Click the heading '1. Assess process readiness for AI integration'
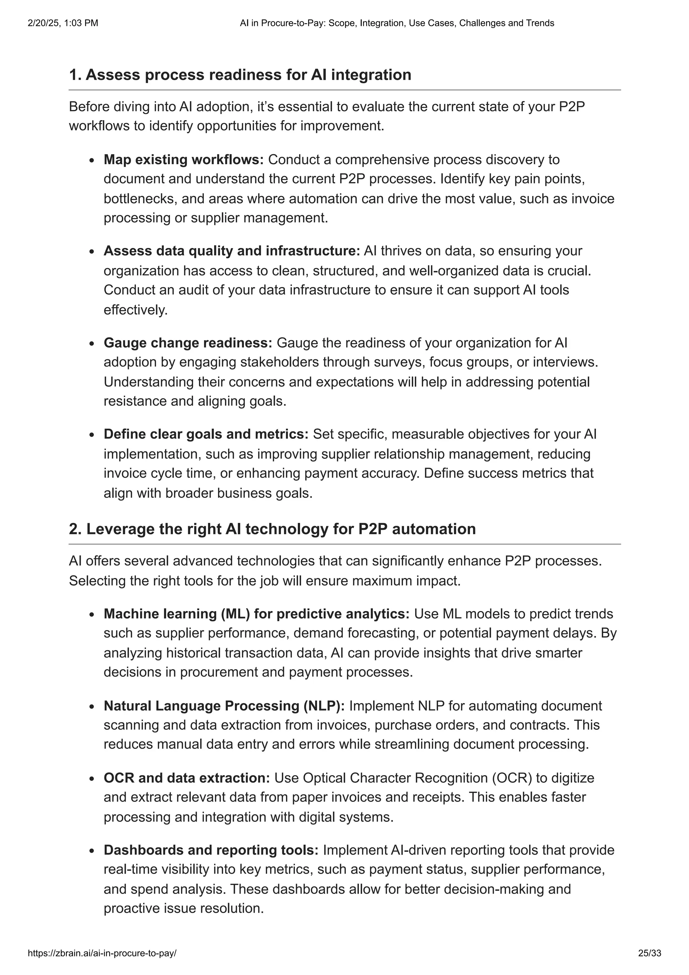click(240, 75)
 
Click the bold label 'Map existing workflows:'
click(183, 160)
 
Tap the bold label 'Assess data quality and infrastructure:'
click(232, 251)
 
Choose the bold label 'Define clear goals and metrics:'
click(206, 434)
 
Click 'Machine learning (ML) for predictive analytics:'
click(256, 614)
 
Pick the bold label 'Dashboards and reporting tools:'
click(211, 850)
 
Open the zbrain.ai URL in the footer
click(102, 953)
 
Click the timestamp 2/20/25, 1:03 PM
click(63, 23)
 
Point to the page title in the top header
click(397, 23)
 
